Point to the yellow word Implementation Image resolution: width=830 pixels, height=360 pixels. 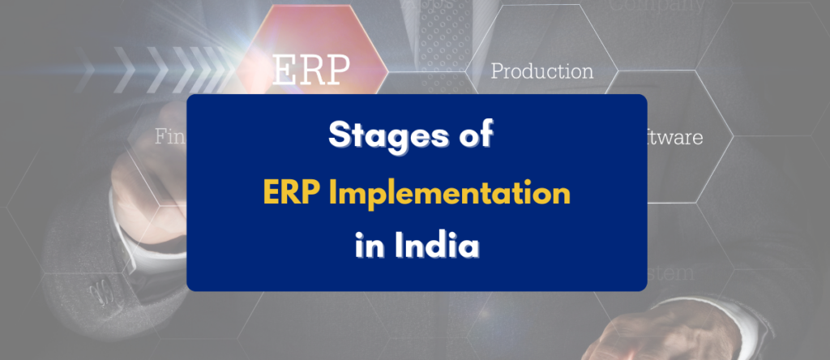tap(451, 193)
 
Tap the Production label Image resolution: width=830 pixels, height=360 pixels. tap(541, 71)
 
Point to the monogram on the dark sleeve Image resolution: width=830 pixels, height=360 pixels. tap(96, 289)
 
